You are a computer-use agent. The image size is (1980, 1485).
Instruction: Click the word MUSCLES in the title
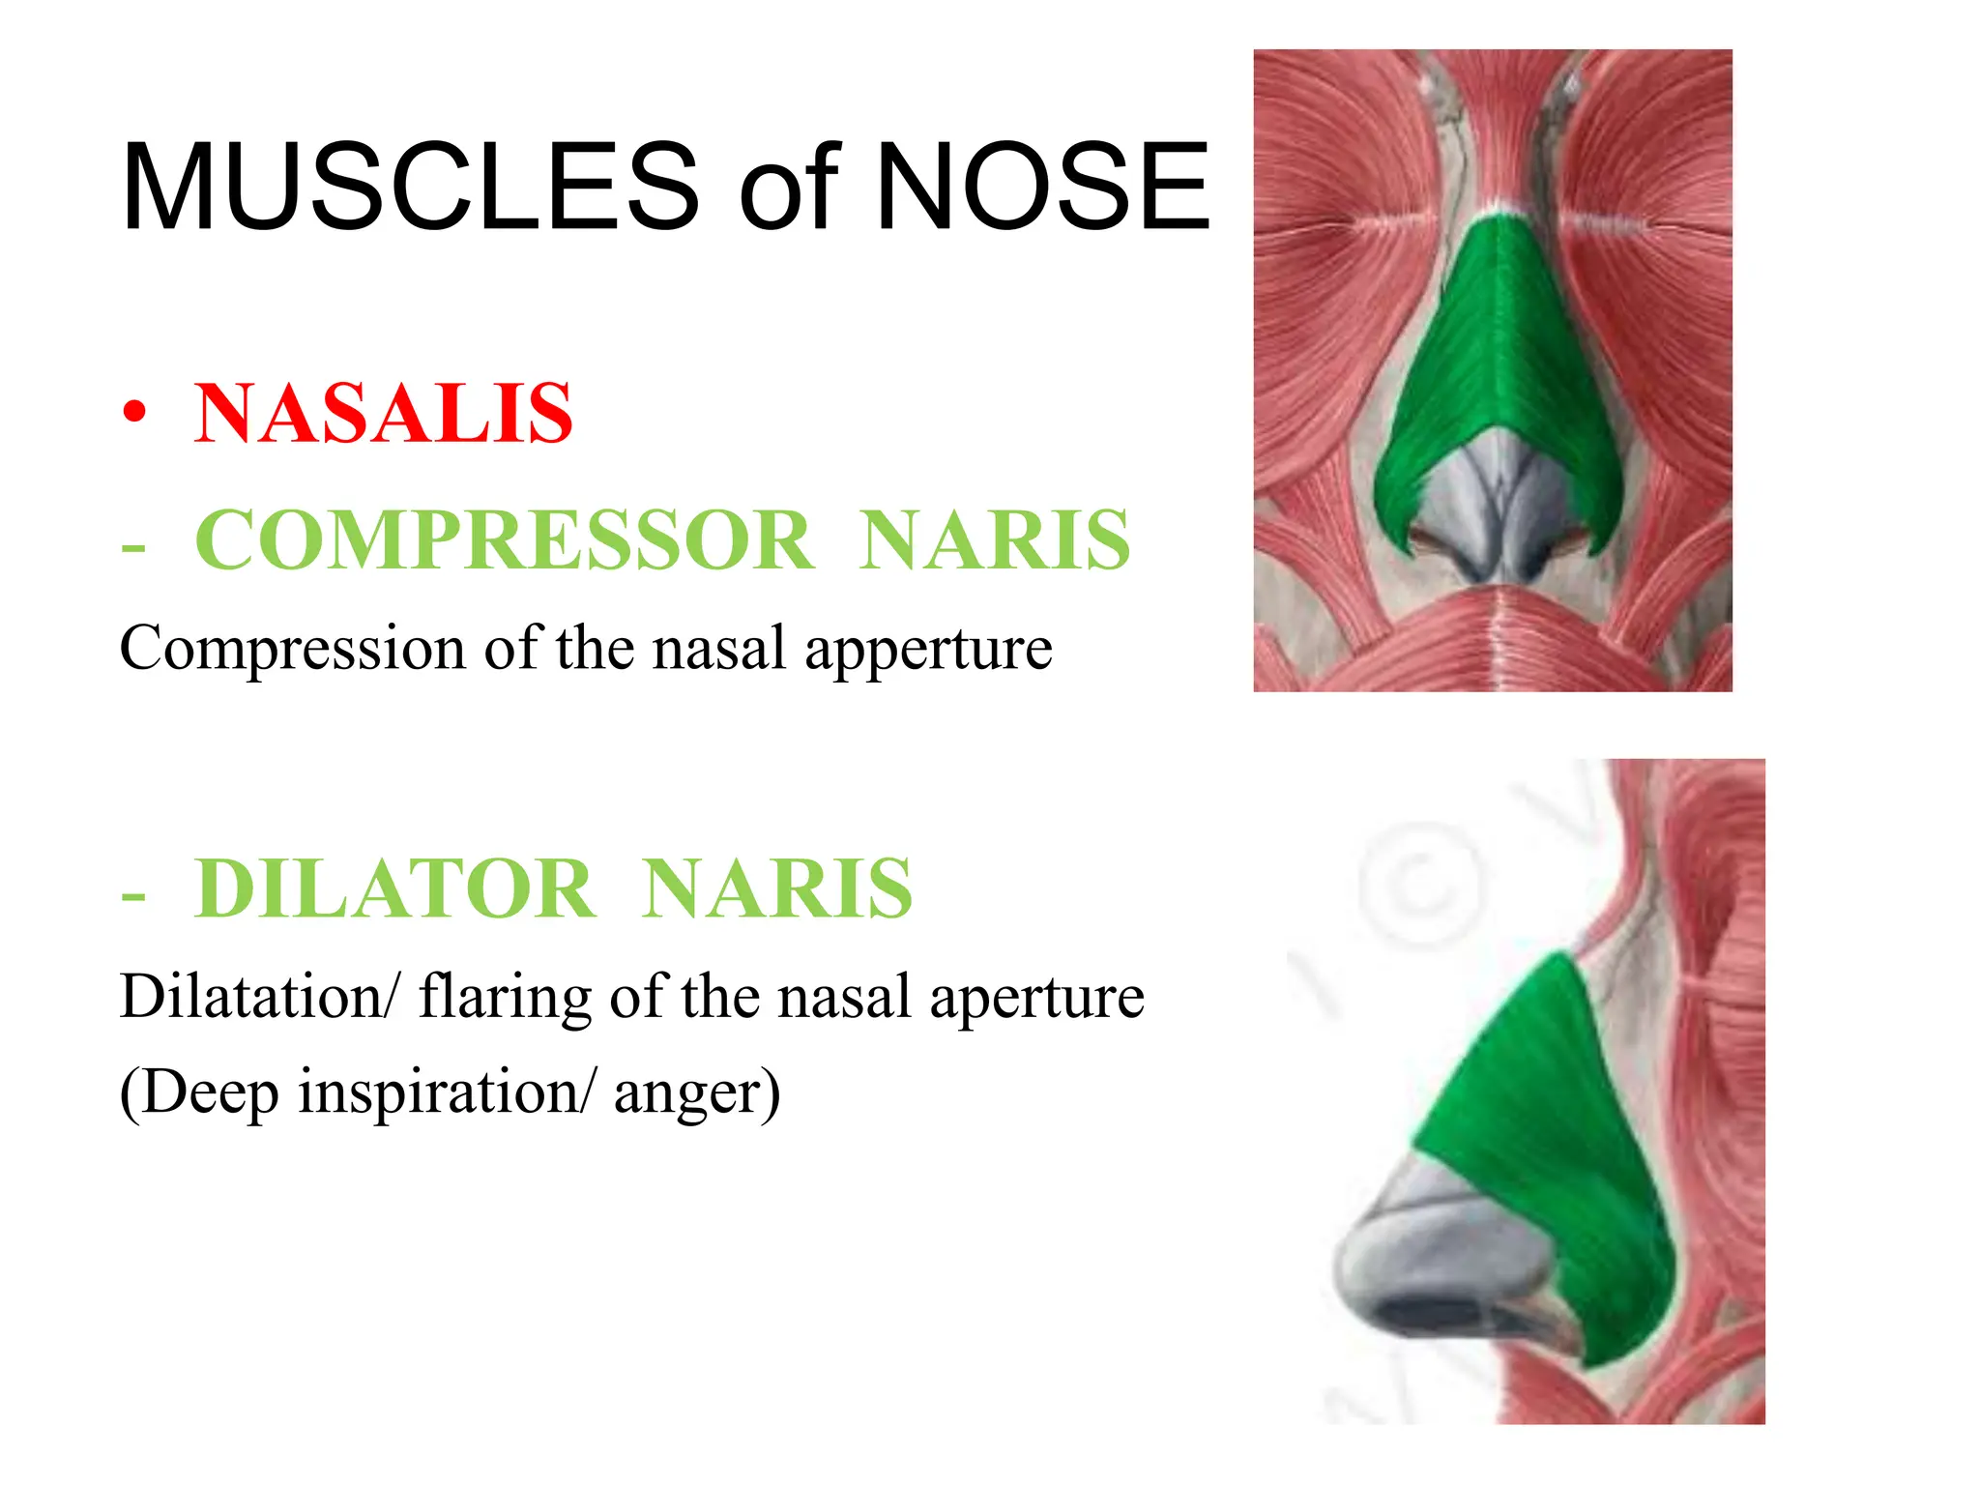coord(410,187)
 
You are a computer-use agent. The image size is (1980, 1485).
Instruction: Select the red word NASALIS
coord(384,414)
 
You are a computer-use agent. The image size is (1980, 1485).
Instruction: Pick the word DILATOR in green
coord(394,888)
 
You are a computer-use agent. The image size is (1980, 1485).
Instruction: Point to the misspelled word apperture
coord(928,649)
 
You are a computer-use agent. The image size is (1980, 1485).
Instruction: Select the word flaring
coord(505,996)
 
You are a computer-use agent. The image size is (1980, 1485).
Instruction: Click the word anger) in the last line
coord(696,1092)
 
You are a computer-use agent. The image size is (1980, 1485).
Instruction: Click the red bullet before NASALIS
coord(135,414)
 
